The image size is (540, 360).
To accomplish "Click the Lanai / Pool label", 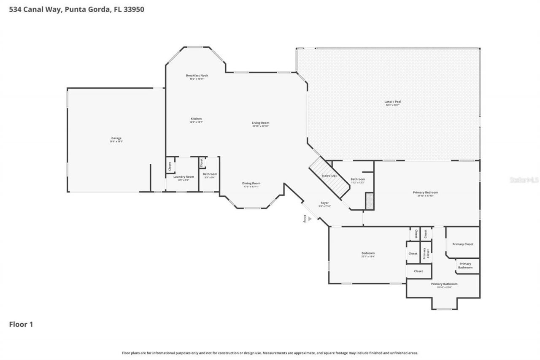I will point(392,103).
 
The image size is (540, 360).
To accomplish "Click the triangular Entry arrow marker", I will point(310,219).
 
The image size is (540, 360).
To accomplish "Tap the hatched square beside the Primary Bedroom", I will point(370,201).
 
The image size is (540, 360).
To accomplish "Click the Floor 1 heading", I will point(21,325).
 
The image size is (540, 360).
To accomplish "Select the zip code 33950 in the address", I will point(134,9).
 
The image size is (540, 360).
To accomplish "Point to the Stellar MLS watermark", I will point(524,180).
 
